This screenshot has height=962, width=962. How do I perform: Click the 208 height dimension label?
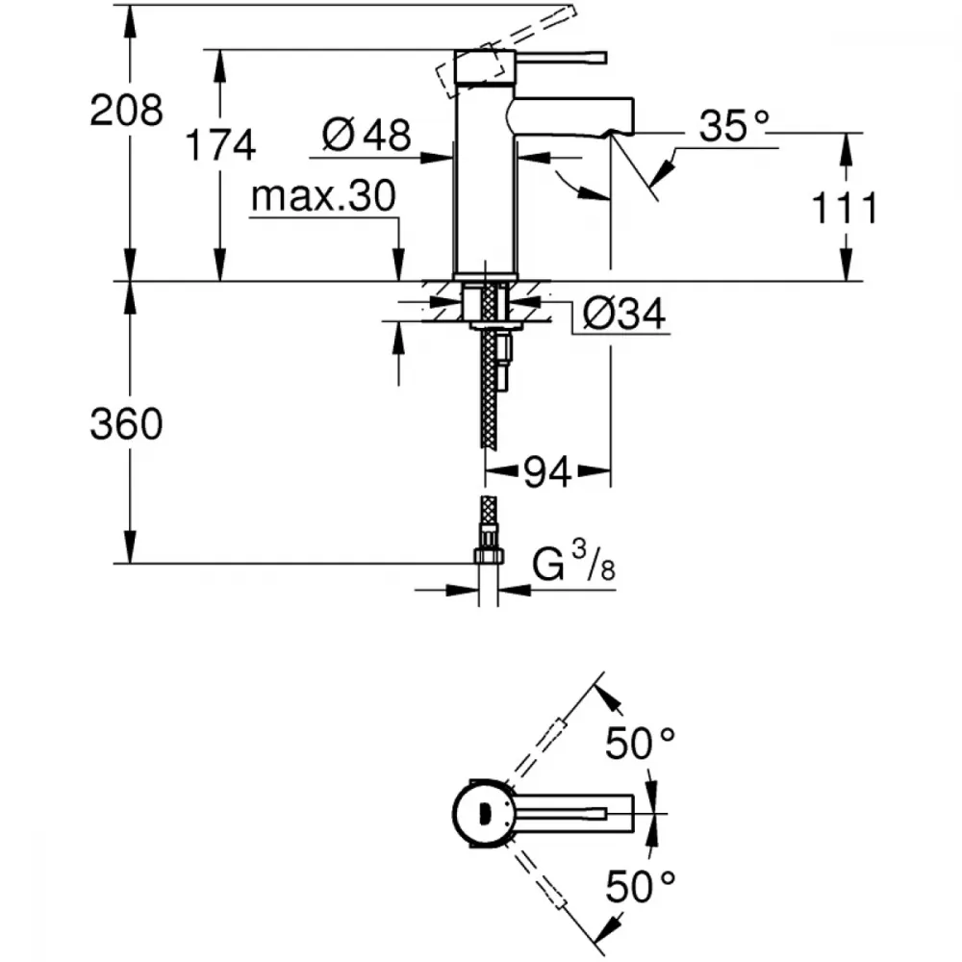(126, 111)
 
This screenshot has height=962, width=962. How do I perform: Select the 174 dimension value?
(220, 146)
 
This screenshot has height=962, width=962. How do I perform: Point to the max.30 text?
(322, 197)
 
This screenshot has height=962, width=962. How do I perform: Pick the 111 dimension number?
(844, 208)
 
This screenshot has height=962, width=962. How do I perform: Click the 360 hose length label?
(126, 423)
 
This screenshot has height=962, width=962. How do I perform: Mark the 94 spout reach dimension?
(549, 470)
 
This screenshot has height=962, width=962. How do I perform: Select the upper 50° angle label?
(640, 744)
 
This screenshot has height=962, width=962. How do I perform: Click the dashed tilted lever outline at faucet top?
(471, 67)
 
